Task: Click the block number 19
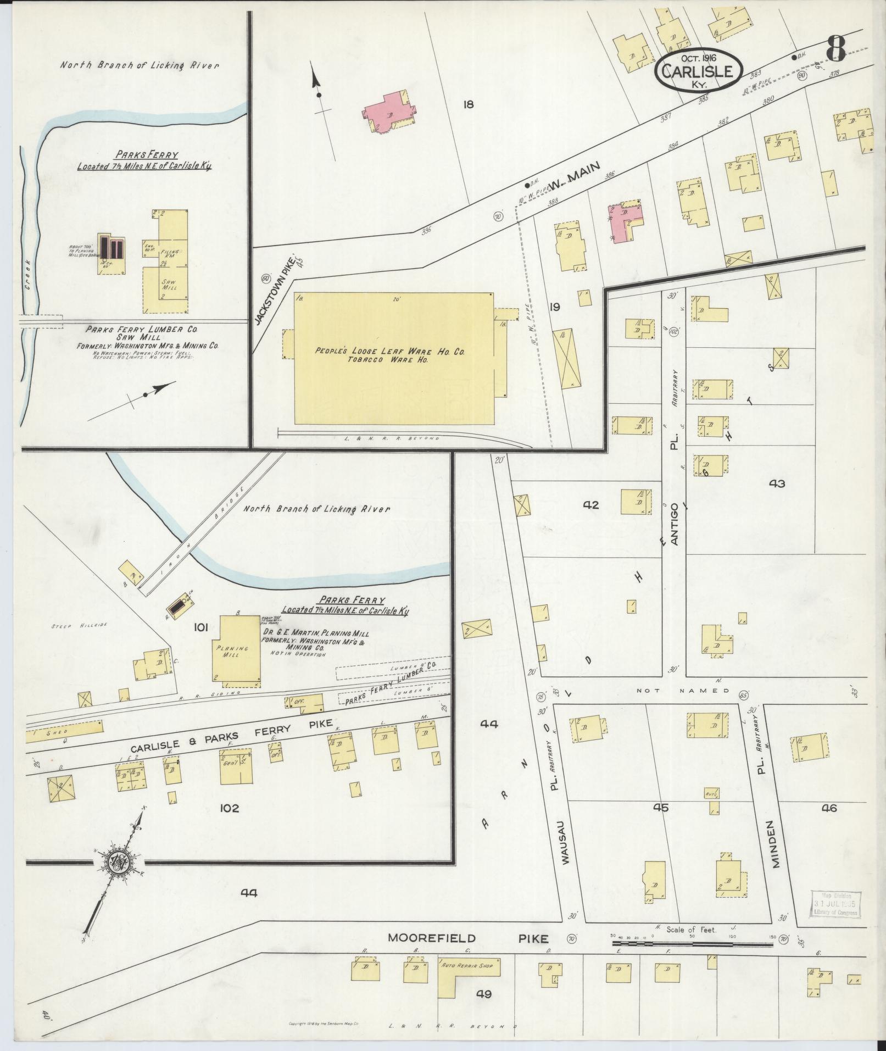[554, 307]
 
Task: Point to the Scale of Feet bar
[692, 559]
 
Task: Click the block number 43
[777, 483]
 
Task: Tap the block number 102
[229, 808]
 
